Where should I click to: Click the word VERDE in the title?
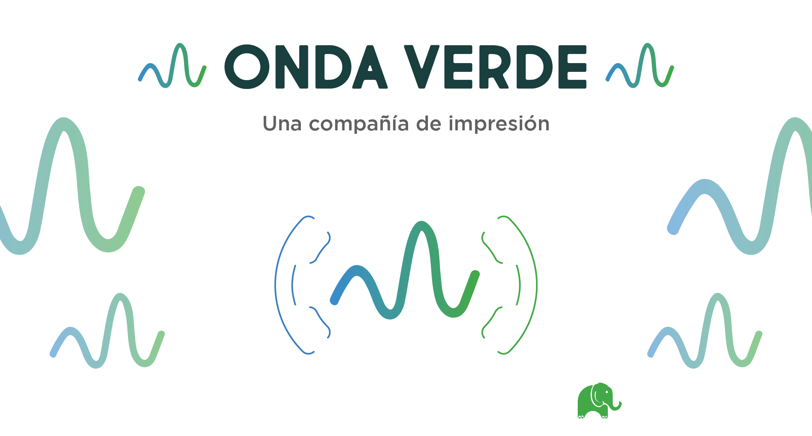tap(495, 67)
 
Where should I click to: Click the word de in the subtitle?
tap(429, 124)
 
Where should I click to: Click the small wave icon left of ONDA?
tap(172, 65)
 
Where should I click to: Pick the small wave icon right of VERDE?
tap(640, 65)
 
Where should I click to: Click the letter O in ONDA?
tap(247, 67)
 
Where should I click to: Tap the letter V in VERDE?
tap(421, 67)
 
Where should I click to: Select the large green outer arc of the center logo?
tap(536, 285)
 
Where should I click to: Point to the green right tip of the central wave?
tap(475, 274)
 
